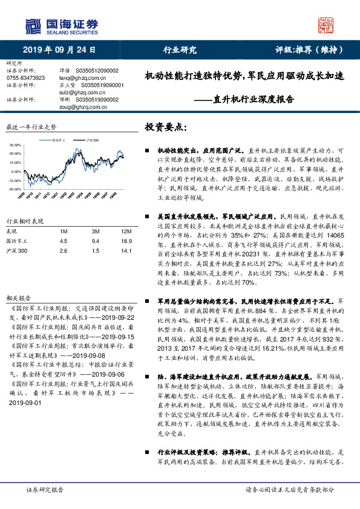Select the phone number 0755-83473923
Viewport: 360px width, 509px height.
click(25, 78)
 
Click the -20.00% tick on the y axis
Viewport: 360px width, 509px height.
click(15, 189)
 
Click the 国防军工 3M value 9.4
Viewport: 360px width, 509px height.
click(95, 240)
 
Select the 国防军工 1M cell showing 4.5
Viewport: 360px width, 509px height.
click(63, 240)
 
